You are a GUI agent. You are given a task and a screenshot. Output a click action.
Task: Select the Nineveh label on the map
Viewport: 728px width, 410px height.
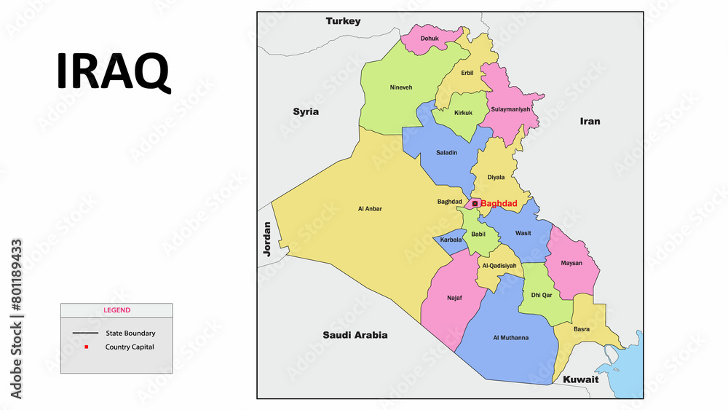point(400,87)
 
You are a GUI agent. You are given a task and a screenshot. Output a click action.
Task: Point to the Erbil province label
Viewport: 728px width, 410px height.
point(467,73)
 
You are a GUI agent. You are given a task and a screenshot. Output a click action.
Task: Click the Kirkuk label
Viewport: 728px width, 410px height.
point(463,113)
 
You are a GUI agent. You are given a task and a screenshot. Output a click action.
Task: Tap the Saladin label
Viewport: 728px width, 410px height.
point(446,152)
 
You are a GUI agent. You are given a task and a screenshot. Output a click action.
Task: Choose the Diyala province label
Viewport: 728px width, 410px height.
point(496,177)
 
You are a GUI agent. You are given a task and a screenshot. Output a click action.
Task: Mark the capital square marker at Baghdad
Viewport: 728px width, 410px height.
point(475,204)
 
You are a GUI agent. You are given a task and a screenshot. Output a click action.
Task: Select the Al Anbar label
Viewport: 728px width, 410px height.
point(370,209)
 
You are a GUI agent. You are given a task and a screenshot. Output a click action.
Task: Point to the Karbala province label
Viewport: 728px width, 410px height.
point(451,240)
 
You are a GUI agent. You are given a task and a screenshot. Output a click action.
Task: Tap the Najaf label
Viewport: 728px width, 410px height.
point(455,298)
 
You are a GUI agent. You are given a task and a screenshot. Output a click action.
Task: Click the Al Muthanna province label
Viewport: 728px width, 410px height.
point(510,338)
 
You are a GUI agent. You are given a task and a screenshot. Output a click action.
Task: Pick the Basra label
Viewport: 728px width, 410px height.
point(581,329)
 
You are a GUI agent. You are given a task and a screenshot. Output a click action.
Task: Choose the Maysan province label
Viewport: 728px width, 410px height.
point(571,263)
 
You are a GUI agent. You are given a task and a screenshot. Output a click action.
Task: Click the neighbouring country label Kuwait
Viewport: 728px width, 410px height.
point(580,379)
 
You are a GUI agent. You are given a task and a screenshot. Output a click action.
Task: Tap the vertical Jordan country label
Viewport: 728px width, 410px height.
point(266,238)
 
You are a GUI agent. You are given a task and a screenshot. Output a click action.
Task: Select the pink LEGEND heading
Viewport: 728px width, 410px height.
point(116,310)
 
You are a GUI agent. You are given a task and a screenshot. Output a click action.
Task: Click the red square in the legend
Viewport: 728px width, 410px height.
point(86,347)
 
